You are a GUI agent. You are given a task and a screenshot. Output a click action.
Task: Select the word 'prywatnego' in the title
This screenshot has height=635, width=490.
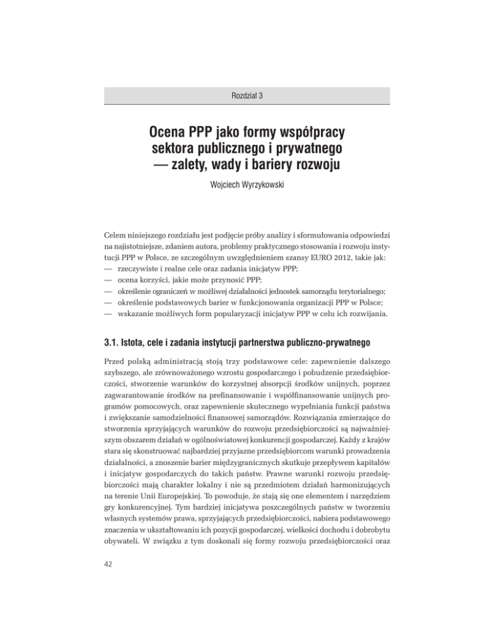[302, 151]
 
